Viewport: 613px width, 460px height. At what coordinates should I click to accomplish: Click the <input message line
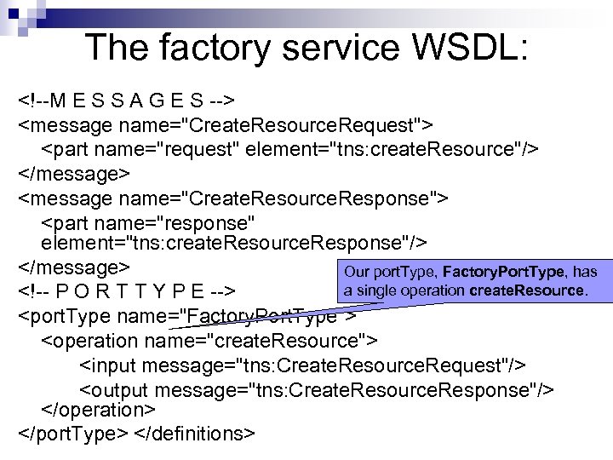click(302, 365)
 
